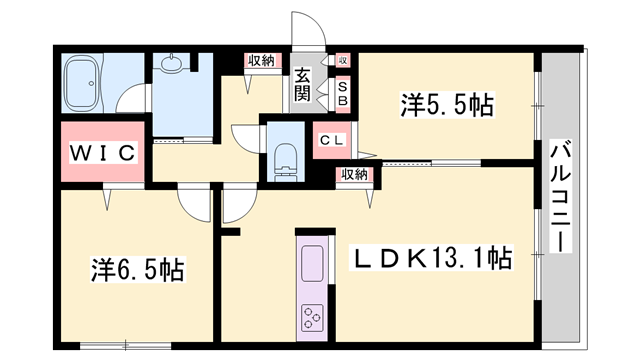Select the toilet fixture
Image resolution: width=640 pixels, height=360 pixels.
tap(285, 156)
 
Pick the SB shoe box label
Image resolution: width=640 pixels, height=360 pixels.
tap(341, 94)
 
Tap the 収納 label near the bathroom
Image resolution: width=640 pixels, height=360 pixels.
tap(261, 61)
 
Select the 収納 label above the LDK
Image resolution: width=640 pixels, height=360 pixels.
tap(352, 175)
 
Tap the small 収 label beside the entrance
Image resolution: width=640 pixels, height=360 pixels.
tap(342, 61)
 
